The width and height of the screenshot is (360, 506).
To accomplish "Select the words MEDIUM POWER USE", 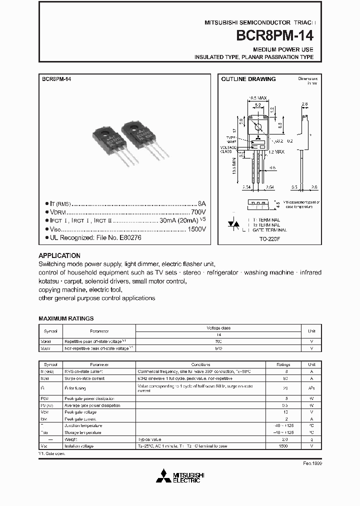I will click(x=283, y=49).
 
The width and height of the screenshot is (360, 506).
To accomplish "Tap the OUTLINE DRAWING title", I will click(x=248, y=79).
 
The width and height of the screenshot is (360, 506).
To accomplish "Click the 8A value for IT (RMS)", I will click(x=201, y=204).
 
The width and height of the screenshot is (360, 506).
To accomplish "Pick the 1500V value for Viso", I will click(x=196, y=229).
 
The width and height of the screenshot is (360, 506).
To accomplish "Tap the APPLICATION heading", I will click(x=59, y=255).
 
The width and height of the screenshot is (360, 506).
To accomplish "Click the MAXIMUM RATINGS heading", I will click(x=66, y=318).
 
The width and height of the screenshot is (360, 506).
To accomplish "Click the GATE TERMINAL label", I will click(x=270, y=230).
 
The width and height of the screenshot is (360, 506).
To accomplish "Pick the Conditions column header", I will click(x=200, y=364).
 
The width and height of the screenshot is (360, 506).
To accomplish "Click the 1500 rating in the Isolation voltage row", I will click(x=283, y=445).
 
